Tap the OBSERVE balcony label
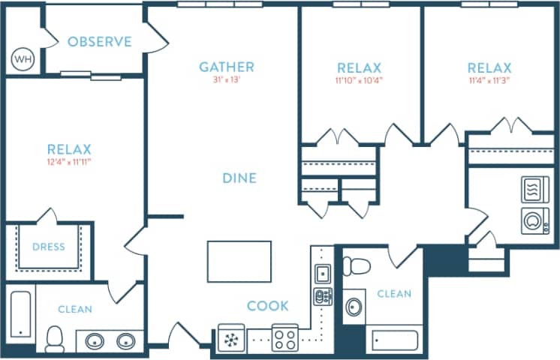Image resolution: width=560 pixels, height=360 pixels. tap(99, 42)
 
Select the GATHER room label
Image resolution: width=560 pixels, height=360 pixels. tap(226, 67)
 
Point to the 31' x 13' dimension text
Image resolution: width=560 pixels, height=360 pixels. tap(226, 80)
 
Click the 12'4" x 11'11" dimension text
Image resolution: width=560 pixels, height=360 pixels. tap(69, 161)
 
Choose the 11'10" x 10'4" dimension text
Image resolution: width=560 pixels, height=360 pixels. tap(360, 80)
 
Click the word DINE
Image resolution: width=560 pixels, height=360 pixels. tap(239, 178)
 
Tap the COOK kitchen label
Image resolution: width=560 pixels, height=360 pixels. tap(268, 306)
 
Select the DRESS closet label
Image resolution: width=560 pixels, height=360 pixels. tap(48, 247)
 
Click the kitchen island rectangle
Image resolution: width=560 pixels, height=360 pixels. tap(239, 261)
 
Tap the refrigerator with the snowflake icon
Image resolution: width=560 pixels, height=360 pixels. tap(230, 338)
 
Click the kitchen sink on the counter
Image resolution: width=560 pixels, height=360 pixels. tap(321, 273)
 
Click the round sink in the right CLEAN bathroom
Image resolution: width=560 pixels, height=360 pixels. tap(354, 307)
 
